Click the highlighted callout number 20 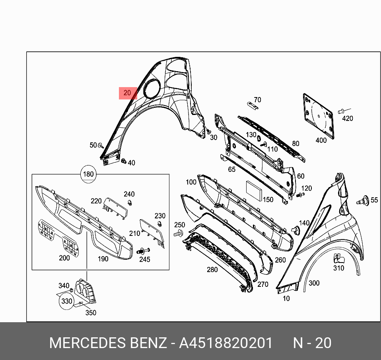click(127, 93)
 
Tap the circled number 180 click(88, 174)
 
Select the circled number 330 click(66, 301)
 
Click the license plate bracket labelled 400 click(318, 116)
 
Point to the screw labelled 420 click(341, 111)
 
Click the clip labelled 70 click(253, 106)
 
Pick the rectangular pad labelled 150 click(255, 191)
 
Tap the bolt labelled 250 click(178, 233)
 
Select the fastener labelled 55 click(363, 200)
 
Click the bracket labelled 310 click(338, 258)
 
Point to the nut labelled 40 click(124, 161)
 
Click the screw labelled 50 click(101, 146)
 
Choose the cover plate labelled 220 click(115, 208)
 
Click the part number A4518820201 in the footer click(226, 343)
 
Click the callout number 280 click(212, 270)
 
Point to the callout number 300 click(314, 283)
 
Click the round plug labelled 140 click(296, 230)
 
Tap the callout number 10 click(286, 298)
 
